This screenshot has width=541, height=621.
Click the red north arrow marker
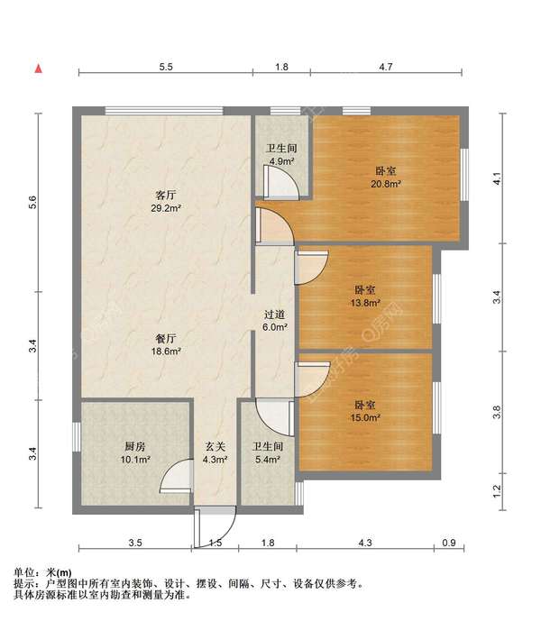pos(39,68)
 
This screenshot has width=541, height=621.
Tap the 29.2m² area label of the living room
pos(166,208)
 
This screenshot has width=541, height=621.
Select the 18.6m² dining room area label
pos(166,351)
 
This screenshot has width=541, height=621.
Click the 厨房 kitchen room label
pos(135,447)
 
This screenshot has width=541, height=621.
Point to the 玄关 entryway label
pos(215,447)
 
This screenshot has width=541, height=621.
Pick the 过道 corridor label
pos(275,315)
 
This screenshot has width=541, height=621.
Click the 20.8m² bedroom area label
pos(386,184)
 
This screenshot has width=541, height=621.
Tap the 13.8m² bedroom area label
pos(365,303)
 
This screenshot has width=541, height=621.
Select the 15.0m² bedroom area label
pos(365,417)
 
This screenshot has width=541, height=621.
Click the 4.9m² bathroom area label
pos(281,161)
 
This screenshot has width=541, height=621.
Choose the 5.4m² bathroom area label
pos(268,460)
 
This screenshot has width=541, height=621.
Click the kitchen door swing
pos(176,477)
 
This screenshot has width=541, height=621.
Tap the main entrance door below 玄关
pos(215,527)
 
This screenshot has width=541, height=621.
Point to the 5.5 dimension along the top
pos(166,67)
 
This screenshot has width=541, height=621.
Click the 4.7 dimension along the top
pos(386,67)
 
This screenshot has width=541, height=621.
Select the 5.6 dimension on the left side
pos(32,203)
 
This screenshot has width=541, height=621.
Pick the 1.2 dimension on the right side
pos(497,491)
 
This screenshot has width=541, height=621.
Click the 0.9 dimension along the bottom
pos(449,543)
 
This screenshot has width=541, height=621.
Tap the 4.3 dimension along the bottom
pos(365,543)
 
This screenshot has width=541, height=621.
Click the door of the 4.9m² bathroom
pos(281,182)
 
